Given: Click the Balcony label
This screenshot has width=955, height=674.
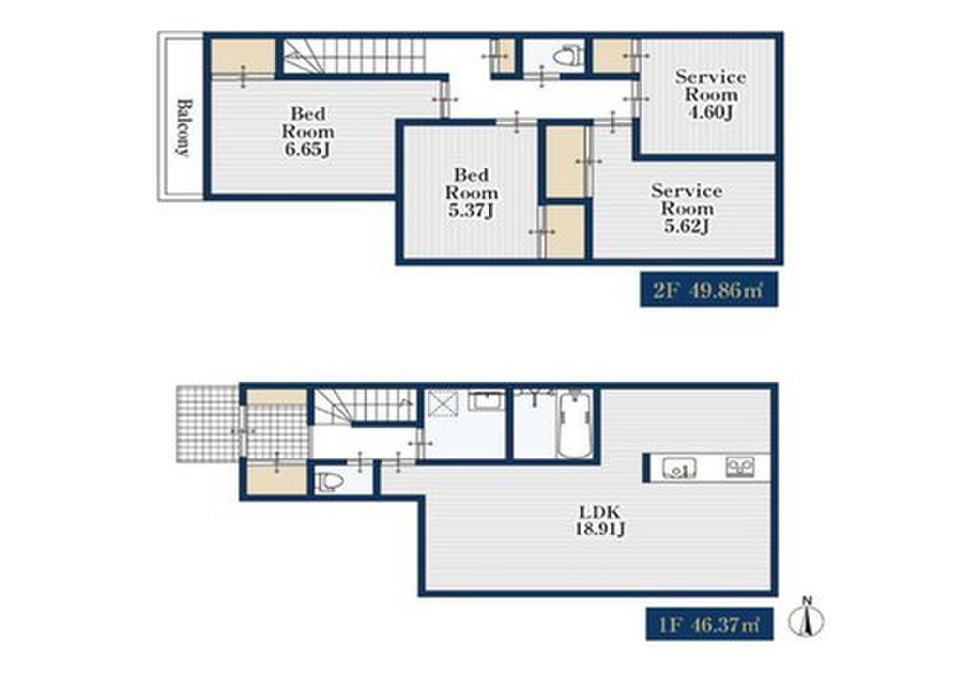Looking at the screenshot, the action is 183,127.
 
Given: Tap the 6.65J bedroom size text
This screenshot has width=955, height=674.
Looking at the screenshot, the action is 308,150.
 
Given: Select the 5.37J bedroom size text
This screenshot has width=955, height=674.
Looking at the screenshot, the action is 471,211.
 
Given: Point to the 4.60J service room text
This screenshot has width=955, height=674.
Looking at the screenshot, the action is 711,113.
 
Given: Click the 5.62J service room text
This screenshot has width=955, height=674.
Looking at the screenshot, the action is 687,226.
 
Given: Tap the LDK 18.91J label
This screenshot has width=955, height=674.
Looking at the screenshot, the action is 600,519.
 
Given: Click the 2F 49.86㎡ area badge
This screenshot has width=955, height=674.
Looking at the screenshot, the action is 709,290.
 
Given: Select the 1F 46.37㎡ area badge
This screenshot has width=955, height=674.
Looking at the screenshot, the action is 710,624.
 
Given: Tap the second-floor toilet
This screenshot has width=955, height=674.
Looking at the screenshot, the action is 567,56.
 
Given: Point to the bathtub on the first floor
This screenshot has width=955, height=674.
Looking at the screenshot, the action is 574,425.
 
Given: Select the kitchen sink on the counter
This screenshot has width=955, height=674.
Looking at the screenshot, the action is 680,469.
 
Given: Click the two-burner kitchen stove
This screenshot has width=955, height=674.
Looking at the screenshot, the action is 740,467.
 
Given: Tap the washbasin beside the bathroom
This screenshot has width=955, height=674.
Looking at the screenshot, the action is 486,402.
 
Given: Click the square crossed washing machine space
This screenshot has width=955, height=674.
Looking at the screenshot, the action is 441,403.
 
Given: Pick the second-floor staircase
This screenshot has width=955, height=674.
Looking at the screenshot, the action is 354,56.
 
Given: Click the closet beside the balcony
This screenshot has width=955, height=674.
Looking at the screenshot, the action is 243,56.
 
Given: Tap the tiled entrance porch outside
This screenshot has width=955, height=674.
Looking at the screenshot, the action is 207,423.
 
